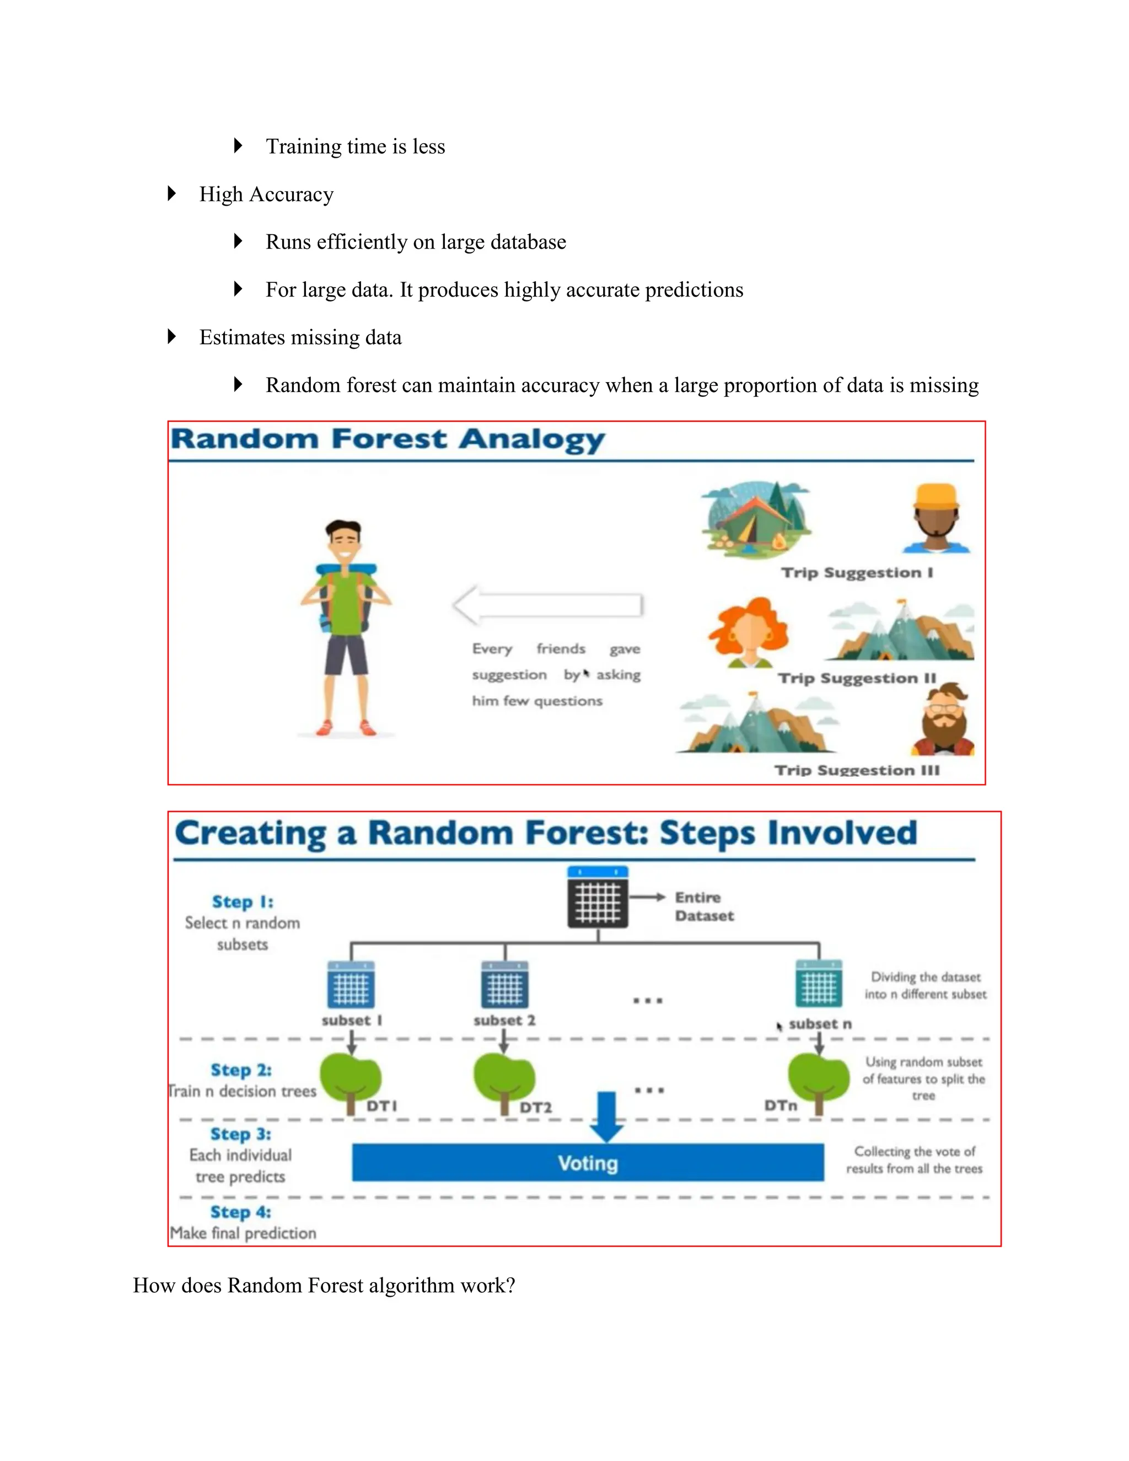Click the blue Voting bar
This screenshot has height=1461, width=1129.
tap(587, 1163)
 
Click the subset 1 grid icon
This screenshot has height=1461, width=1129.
tap(351, 985)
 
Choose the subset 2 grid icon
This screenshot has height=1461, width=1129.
tap(504, 985)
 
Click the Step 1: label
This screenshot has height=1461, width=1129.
tap(242, 902)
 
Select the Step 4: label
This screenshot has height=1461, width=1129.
tap(240, 1212)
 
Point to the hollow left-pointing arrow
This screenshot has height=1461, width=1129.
tap(547, 605)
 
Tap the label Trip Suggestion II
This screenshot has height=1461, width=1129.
tap(857, 678)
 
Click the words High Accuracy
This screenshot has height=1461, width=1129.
tap(266, 195)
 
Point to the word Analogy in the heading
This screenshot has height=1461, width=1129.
tap(532, 440)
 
